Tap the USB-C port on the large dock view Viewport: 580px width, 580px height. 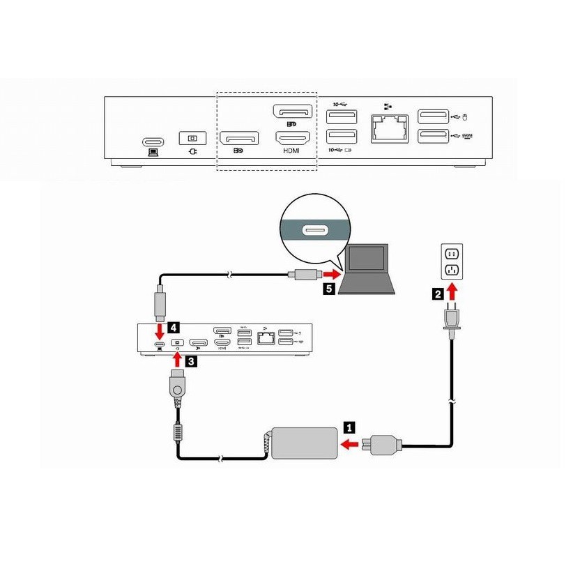click(151, 139)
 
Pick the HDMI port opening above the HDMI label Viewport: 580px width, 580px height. click(291, 138)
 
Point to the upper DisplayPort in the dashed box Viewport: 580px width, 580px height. click(291, 112)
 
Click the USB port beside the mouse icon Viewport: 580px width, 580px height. click(430, 117)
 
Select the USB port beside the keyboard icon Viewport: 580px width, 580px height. click(430, 137)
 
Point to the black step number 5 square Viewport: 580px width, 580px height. click(326, 287)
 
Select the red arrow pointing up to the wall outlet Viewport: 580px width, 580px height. click(452, 291)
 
